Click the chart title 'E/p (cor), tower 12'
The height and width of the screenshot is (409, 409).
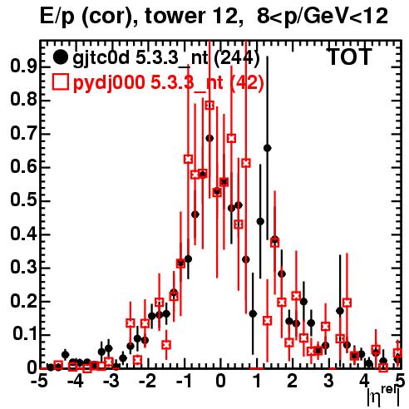tap(139, 17)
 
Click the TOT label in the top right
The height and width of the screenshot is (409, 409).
tap(349, 57)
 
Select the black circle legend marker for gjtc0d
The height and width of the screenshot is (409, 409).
tap(60, 57)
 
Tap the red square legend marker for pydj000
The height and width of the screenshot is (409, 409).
tap(60, 82)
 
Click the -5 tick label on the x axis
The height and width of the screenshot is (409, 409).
tap(38, 382)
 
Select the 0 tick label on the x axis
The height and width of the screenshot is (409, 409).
tap(220, 382)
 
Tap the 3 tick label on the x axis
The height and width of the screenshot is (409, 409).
tap(328, 382)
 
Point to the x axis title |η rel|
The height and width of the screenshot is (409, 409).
tap(384, 397)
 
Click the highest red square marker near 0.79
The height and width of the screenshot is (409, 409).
tap(209, 106)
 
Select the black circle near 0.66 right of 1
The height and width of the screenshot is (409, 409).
tap(268, 148)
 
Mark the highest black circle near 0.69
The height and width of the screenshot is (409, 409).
tap(209, 138)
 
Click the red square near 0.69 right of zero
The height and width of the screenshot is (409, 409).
tap(232, 138)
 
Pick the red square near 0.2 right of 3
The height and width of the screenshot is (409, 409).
tap(347, 303)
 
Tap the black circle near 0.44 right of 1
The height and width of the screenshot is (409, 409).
tap(260, 221)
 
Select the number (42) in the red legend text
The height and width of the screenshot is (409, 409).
tap(246, 82)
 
